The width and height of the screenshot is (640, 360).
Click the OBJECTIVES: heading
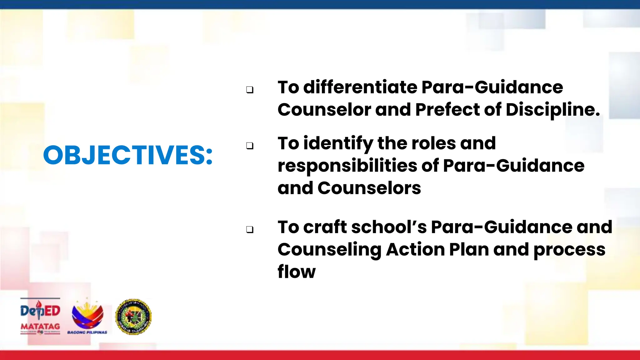pos(128,155)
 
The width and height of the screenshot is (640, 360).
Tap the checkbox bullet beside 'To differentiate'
pos(250,90)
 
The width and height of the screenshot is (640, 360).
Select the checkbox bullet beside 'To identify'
pos(250,146)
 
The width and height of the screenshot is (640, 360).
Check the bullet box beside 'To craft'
pos(250,230)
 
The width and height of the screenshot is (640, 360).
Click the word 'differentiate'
pos(360,87)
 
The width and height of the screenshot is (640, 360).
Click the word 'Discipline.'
pos(552,110)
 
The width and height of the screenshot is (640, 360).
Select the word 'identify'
pos(338,144)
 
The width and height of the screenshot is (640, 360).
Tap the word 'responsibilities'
pos(347,166)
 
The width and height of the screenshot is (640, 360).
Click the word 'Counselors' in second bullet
pos(369,188)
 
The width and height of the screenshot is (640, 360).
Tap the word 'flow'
pos(296,272)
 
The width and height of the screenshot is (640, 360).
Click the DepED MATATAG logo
pos(40,316)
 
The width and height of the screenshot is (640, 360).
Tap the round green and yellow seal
pos(133,317)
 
